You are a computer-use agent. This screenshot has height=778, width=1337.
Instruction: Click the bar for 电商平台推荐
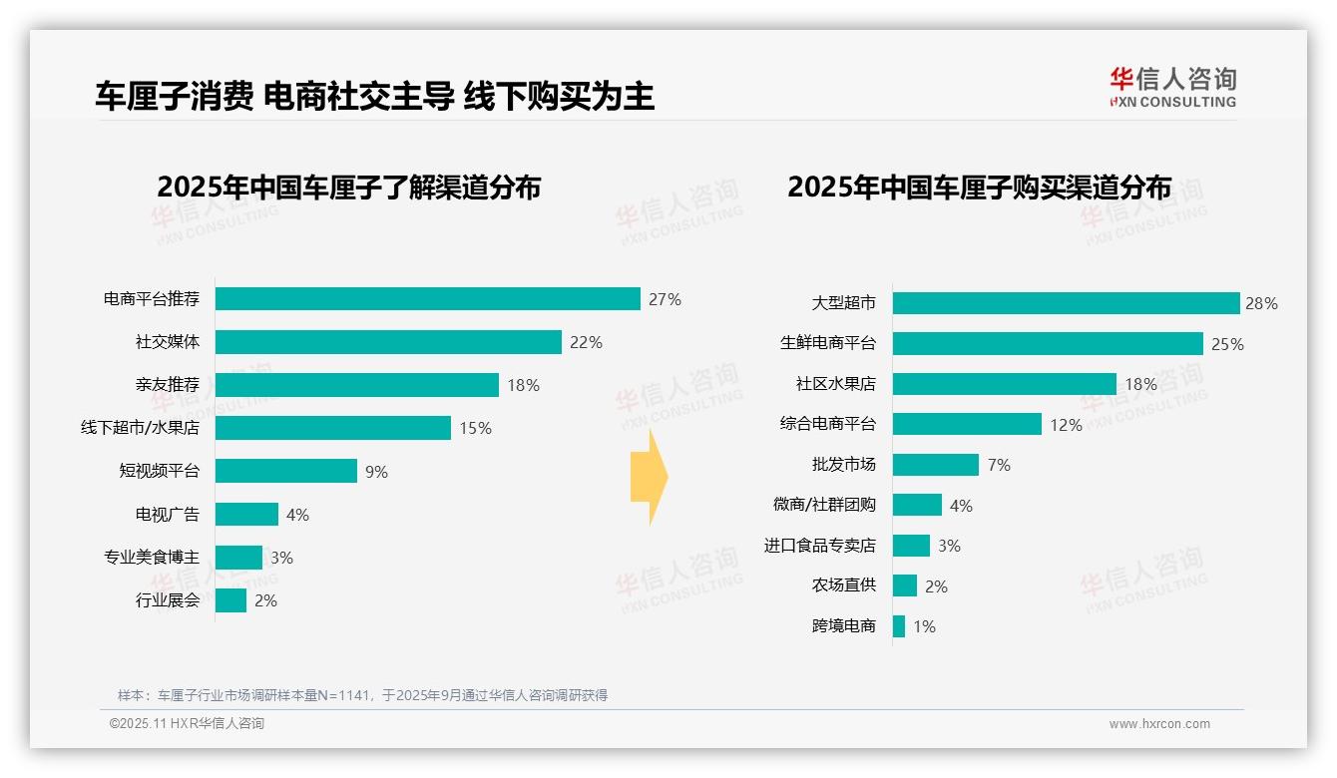(427, 299)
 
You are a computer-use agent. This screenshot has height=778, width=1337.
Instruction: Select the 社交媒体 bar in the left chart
(388, 342)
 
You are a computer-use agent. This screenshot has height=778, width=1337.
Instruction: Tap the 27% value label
(665, 299)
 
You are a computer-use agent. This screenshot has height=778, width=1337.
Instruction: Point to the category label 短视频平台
(160, 471)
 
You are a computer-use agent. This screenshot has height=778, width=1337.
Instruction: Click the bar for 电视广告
(246, 515)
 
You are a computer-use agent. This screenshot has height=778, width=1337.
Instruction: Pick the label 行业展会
(168, 600)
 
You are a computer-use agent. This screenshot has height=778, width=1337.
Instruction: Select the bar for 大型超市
(1066, 303)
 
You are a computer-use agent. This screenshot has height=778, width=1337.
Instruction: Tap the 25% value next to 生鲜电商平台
(1227, 344)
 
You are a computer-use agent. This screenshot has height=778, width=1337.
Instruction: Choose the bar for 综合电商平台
(967, 424)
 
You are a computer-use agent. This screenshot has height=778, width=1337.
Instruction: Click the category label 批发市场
(844, 465)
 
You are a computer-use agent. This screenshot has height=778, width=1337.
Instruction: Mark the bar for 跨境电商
(899, 626)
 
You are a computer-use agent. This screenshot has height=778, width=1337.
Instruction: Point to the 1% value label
(924, 626)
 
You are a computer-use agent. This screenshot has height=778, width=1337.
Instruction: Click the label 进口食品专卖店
(820, 546)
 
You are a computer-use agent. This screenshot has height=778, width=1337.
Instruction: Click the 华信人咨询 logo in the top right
(1172, 87)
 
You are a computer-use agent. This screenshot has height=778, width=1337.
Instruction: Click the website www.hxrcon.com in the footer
(1159, 724)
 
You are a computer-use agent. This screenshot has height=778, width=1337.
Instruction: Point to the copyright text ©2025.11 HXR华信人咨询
(187, 724)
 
